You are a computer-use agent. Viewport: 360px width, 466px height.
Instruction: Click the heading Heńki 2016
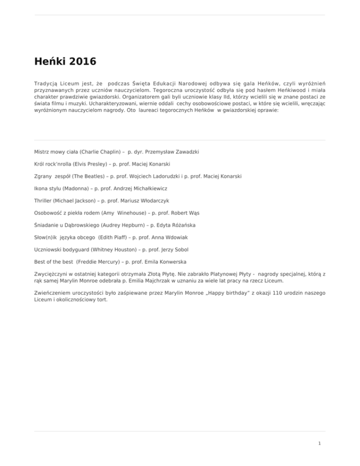point(65,61)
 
